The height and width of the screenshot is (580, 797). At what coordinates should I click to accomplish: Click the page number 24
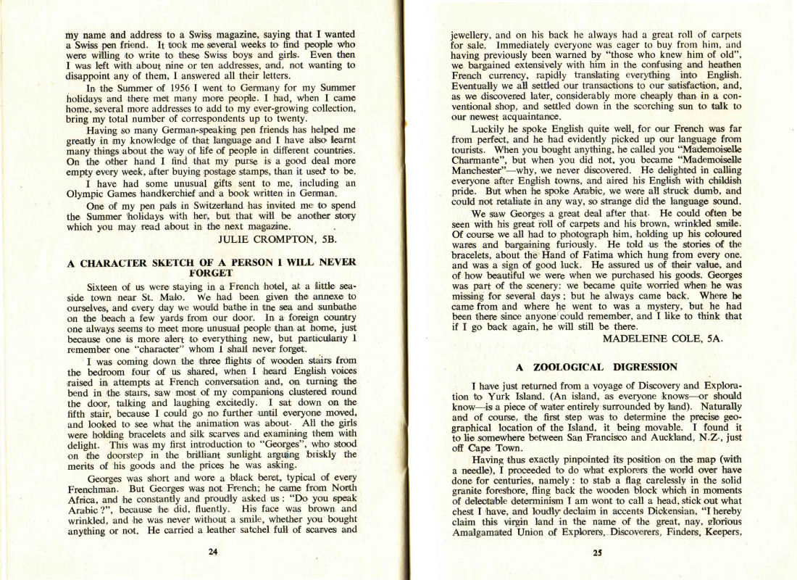tap(212, 551)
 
